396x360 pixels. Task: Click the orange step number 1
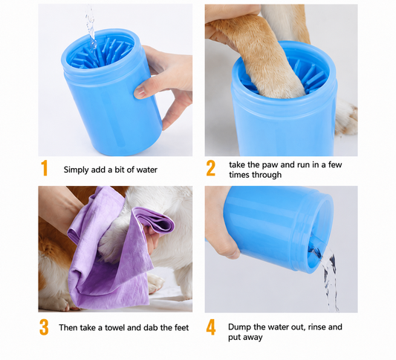click(x=45, y=168)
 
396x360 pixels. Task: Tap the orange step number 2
click(x=210, y=168)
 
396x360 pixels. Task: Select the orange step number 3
click(x=44, y=327)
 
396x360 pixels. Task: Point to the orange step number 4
click(x=211, y=327)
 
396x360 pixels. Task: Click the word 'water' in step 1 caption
click(x=146, y=170)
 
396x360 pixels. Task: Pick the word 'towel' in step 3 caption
click(x=114, y=327)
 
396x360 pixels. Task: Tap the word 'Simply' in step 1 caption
click(x=77, y=170)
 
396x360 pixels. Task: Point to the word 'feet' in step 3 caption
click(x=181, y=327)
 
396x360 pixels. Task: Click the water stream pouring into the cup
click(x=91, y=30)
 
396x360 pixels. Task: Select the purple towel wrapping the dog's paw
click(x=119, y=250)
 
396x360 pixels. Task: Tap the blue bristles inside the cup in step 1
click(x=103, y=54)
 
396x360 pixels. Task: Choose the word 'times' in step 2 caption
click(x=240, y=175)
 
